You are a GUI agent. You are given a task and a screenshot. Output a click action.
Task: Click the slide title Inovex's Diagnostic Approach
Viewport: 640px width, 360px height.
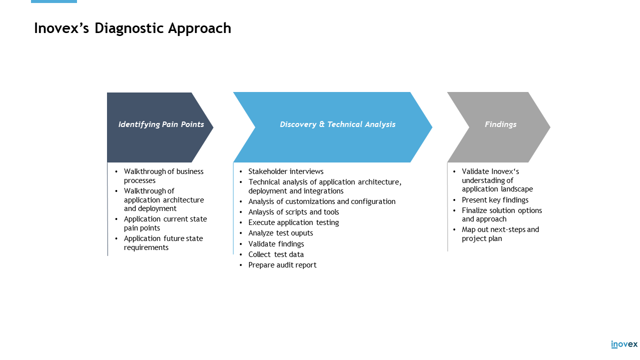click(x=132, y=28)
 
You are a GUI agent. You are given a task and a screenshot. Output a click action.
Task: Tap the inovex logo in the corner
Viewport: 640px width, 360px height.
click(x=624, y=344)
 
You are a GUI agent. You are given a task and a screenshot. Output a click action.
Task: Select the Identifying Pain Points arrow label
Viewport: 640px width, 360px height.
click(x=161, y=124)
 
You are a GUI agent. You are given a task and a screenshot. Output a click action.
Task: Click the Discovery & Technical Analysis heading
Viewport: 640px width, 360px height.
click(x=337, y=124)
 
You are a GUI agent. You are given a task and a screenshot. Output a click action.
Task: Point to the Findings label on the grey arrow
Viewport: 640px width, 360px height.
click(x=500, y=124)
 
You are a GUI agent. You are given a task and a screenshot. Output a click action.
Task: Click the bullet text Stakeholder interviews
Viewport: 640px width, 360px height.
click(x=285, y=171)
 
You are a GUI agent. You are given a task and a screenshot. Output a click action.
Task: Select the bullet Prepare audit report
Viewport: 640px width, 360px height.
click(x=282, y=265)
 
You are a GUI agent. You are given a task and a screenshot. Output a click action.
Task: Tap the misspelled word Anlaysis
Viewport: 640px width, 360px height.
click(x=261, y=212)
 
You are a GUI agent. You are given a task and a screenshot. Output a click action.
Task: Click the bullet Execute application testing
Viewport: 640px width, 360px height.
click(x=293, y=222)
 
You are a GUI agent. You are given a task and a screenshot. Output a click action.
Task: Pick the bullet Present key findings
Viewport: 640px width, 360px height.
click(x=495, y=200)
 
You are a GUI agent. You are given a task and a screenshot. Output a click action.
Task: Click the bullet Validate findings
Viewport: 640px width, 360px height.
click(x=276, y=244)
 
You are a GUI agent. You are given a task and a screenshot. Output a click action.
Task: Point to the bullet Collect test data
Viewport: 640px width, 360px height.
click(x=276, y=254)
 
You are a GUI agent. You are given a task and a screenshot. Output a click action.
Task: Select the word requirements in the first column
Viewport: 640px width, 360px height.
click(x=146, y=247)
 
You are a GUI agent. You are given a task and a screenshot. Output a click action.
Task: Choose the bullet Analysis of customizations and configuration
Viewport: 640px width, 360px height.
click(x=321, y=201)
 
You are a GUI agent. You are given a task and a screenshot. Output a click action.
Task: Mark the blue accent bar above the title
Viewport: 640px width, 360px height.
click(x=53, y=1)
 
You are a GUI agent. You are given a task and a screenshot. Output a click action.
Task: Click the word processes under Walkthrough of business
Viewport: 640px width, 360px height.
click(x=139, y=180)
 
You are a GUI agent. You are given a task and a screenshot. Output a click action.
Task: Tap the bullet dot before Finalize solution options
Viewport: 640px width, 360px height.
click(x=454, y=210)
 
